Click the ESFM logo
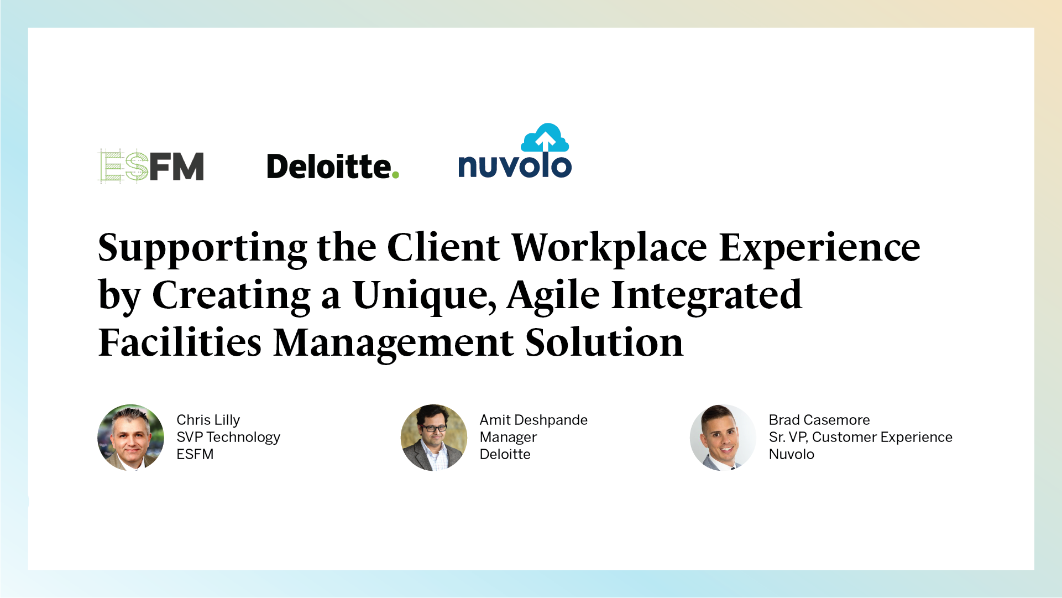click(150, 166)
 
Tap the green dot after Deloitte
click(395, 175)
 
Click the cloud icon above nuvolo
click(545, 138)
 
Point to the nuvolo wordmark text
click(515, 167)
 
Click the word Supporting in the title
click(202, 248)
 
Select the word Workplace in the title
click(609, 248)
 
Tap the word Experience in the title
click(819, 248)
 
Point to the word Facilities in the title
click(180, 342)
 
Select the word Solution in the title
click(604, 342)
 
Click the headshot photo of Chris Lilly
click(131, 438)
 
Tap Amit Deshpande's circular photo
click(434, 438)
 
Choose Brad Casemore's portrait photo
click(723, 438)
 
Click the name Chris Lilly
click(208, 420)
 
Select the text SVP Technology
click(228, 437)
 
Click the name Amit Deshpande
click(533, 420)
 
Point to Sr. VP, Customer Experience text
click(860, 437)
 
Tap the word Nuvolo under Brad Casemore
click(791, 454)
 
